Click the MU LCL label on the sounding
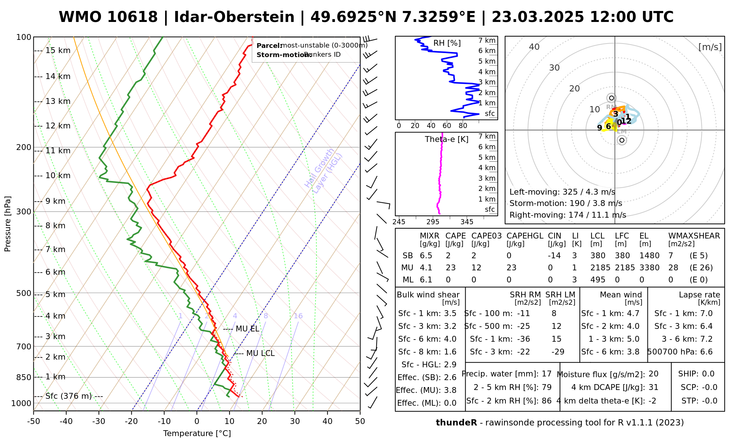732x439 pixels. point(260,353)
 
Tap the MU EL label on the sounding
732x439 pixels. point(247,329)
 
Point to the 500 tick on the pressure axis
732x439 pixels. point(24,293)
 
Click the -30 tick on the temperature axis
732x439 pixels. point(99,421)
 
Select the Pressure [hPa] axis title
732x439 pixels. point(8,224)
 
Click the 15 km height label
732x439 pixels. point(58,50)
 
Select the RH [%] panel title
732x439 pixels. point(447,43)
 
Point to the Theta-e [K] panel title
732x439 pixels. point(447,139)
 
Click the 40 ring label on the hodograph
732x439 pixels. point(534,47)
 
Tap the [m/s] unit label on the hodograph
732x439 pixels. point(710,47)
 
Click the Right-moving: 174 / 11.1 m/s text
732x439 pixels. point(568,215)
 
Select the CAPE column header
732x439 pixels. point(455,236)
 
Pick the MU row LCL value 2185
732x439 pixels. point(600,268)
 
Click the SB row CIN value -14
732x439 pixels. point(554,256)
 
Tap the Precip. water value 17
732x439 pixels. point(546,374)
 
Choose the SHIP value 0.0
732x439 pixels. point(708,374)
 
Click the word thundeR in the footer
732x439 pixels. point(456,423)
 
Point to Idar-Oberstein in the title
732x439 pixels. point(234,17)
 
